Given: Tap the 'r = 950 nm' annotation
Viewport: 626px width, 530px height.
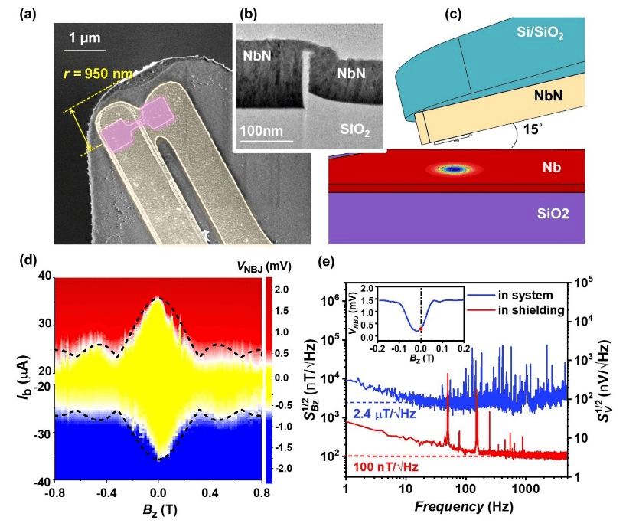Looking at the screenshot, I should click(x=97, y=75).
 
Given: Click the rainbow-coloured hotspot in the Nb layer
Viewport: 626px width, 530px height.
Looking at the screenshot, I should click(x=455, y=168).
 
